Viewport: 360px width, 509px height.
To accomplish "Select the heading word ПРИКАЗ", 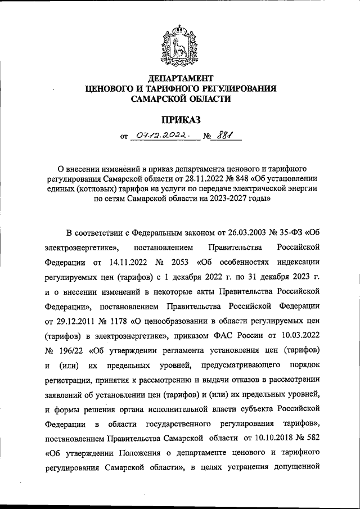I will [181, 119].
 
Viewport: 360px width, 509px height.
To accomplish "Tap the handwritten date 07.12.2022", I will [163, 136].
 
